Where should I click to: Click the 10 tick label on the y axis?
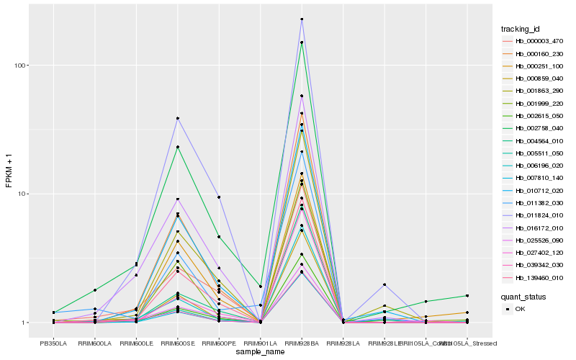[x=22, y=194]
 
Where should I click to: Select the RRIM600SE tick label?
[x=177, y=344]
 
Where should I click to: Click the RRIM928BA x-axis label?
[x=302, y=344]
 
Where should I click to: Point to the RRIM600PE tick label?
[x=218, y=344]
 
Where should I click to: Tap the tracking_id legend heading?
[x=520, y=29]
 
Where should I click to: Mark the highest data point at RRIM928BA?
[x=302, y=19]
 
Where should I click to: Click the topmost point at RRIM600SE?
[x=177, y=118]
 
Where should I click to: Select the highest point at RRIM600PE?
[x=218, y=197]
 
